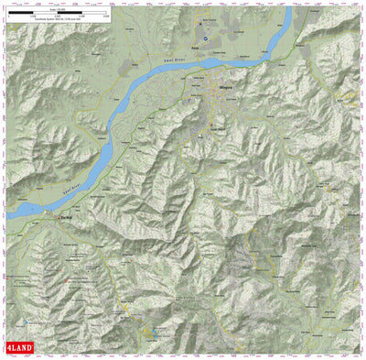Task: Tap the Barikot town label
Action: pyautogui.click(x=67, y=220)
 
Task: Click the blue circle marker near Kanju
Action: pyautogui.click(x=206, y=38)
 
